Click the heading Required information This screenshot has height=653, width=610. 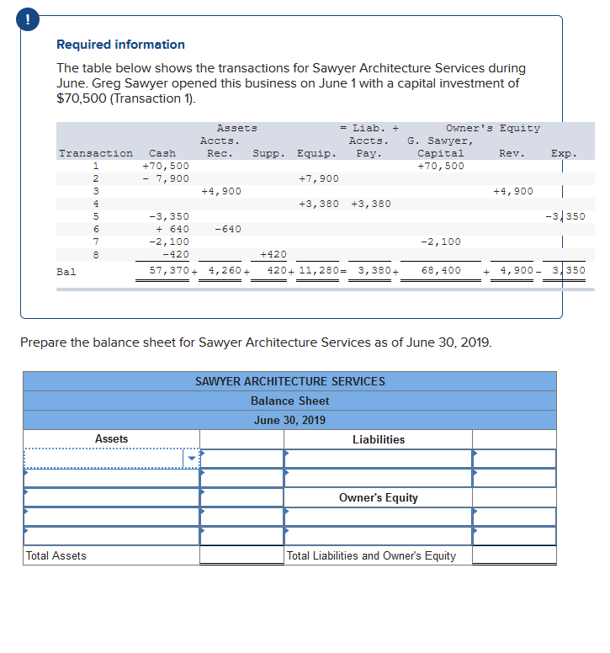[120, 45]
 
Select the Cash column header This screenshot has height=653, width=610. [162, 153]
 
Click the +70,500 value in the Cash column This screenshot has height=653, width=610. [166, 166]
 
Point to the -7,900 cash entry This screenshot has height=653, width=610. [166, 178]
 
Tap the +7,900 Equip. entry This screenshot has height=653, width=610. [319, 178]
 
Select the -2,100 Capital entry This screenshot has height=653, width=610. [441, 242]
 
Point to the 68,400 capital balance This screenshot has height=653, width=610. [441, 271]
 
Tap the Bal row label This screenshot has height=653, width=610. [66, 272]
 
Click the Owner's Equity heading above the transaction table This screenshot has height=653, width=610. [493, 128]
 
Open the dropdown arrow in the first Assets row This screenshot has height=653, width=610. [191, 459]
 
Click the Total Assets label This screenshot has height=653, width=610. [56, 555]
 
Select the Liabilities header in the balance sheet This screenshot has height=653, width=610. [378, 439]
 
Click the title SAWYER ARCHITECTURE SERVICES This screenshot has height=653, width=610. [290, 381]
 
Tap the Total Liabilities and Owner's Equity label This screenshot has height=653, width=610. [371, 555]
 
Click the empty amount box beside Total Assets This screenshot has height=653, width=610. [241, 555]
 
